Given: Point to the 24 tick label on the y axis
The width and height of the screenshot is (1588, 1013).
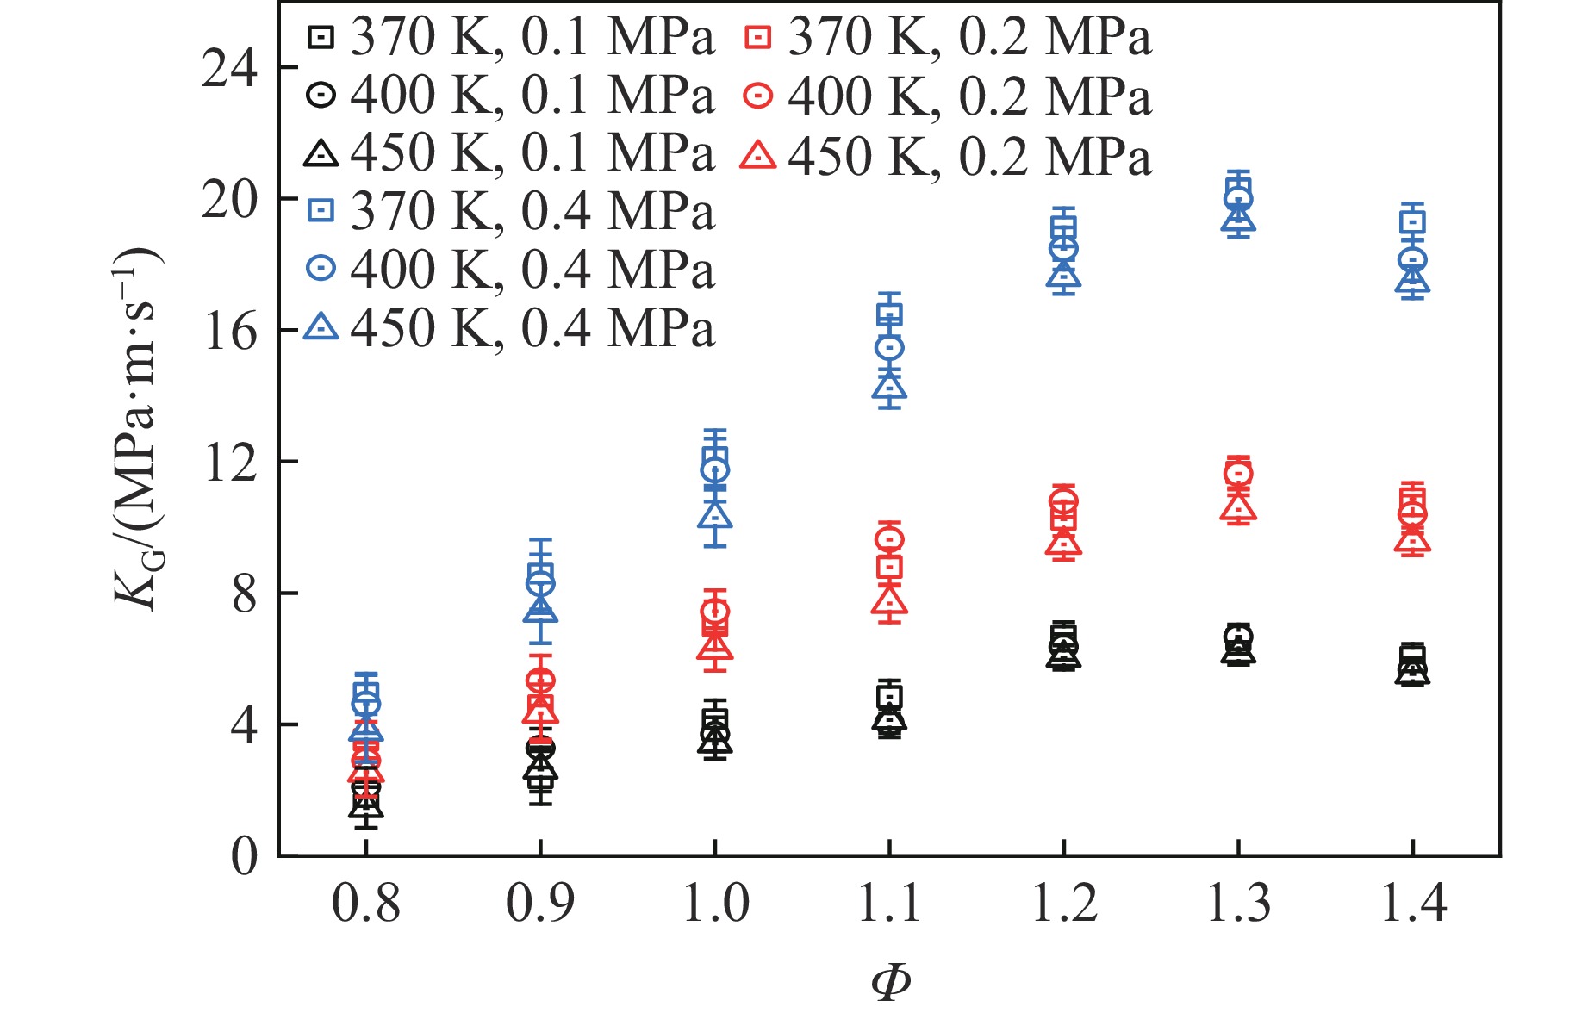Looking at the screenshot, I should tap(229, 68).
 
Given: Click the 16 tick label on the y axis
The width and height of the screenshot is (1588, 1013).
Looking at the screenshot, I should tap(229, 332).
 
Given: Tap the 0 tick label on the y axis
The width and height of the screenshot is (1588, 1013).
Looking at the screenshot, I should tap(244, 857).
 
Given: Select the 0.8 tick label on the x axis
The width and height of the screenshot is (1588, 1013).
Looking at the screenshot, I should tap(365, 904).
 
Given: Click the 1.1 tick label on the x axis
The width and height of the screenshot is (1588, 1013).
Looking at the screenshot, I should tap(889, 904).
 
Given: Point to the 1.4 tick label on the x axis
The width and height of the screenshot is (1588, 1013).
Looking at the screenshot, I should tap(1413, 904).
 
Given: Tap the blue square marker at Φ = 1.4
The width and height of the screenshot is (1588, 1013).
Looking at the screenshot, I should tap(1413, 222).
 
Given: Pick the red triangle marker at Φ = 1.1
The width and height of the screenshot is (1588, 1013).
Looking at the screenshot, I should tap(889, 600).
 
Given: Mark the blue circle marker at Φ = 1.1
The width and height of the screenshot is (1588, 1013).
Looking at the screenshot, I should tap(889, 348).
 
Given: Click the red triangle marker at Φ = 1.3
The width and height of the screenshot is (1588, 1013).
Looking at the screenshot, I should tap(1238, 506).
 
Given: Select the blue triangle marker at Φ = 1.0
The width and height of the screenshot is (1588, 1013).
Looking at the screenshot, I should tap(715, 515).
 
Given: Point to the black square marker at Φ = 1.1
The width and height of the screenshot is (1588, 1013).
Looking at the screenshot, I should tap(889, 696).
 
